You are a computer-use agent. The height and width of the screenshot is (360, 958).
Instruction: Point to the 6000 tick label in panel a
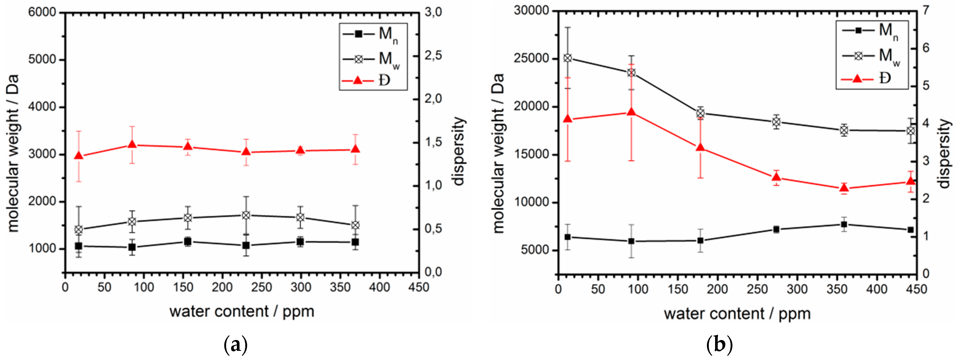(x=42, y=12)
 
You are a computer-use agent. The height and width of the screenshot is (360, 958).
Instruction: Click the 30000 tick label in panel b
(x=532, y=11)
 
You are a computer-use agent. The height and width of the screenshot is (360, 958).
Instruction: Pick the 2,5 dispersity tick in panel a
(x=433, y=56)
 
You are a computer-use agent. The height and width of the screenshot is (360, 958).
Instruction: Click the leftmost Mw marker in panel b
(x=567, y=58)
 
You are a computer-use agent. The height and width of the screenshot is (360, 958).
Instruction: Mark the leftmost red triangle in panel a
(x=79, y=156)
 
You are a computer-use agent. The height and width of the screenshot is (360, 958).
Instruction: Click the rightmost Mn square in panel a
(x=355, y=242)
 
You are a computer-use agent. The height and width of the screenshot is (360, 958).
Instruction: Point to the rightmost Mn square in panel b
(x=911, y=230)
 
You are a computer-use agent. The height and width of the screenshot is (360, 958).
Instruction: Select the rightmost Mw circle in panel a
(x=355, y=225)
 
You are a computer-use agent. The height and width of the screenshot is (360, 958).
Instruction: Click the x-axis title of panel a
(x=242, y=311)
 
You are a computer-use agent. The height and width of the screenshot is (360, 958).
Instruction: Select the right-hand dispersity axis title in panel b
(x=945, y=154)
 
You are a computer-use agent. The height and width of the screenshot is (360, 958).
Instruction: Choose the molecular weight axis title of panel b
(x=498, y=153)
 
